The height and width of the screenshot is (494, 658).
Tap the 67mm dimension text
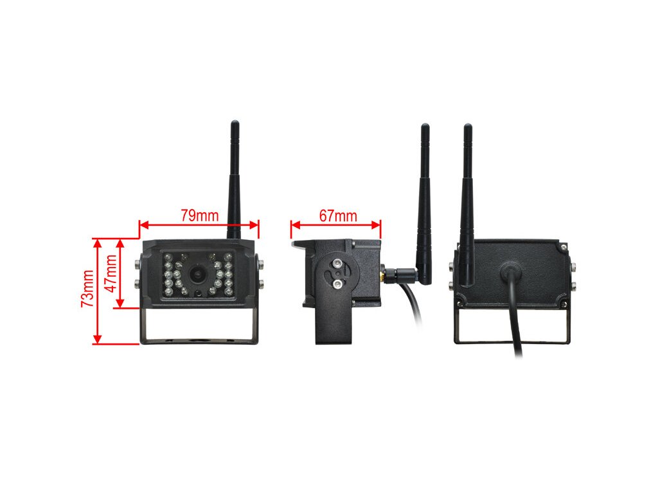[338, 215]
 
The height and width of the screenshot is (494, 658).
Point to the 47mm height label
[111, 273]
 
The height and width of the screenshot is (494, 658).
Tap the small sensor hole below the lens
[200, 293]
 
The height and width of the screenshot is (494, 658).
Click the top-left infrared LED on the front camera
[166, 258]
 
